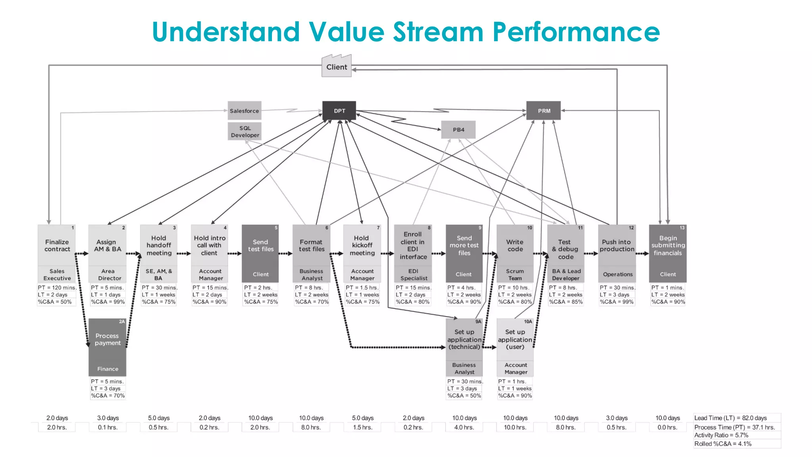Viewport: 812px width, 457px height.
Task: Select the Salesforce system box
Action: pos(244,111)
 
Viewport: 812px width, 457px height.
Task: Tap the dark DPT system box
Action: pos(339,111)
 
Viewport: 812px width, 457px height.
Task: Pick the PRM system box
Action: pos(544,111)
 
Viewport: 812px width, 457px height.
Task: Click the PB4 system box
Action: pos(458,130)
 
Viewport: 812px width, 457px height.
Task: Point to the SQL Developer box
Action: pos(245,131)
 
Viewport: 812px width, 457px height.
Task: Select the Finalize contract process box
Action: pos(57,246)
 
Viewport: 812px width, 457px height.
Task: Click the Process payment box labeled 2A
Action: pos(107,340)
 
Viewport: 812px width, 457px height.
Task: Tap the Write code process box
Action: pos(515,246)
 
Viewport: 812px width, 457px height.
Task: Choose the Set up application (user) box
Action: pos(515,340)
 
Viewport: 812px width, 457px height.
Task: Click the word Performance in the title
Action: pos(576,32)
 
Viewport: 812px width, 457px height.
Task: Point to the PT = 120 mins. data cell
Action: pos(57,288)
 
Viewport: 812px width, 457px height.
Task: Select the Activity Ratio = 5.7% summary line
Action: pos(721,435)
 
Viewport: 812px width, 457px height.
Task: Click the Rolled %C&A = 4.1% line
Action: pos(722,444)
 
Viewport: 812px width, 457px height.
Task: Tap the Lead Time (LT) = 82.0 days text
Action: pos(730,418)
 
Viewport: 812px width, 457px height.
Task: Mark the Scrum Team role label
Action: pos(515,275)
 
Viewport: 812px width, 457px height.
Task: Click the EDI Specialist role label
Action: pos(413,275)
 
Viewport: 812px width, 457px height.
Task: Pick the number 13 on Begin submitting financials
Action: pos(682,228)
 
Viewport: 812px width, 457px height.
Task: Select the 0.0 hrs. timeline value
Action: pos(667,427)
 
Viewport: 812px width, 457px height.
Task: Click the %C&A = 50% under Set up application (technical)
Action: pos(464,396)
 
